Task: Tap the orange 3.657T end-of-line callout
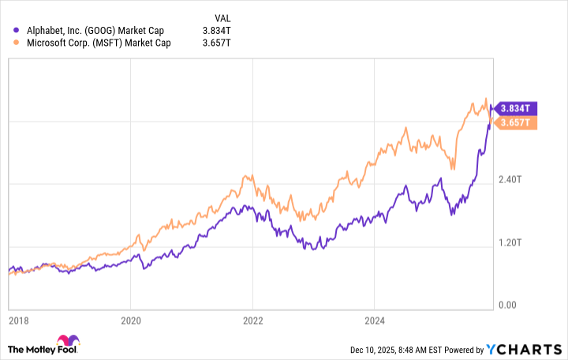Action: [518, 122]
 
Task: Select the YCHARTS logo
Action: [524, 348]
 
